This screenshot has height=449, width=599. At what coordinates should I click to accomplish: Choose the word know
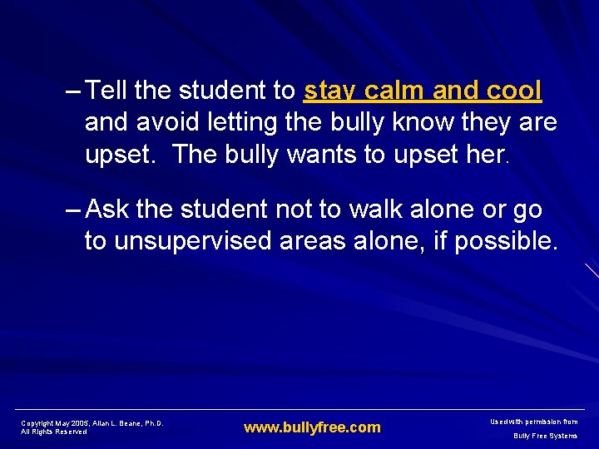(x=438, y=123)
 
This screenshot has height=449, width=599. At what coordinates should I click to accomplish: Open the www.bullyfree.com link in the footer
(x=312, y=427)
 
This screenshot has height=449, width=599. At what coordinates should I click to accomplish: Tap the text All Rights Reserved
(x=54, y=432)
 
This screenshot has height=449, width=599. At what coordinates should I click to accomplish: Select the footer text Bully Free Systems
(x=545, y=436)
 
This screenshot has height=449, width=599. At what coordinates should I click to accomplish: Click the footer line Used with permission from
(x=535, y=422)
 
